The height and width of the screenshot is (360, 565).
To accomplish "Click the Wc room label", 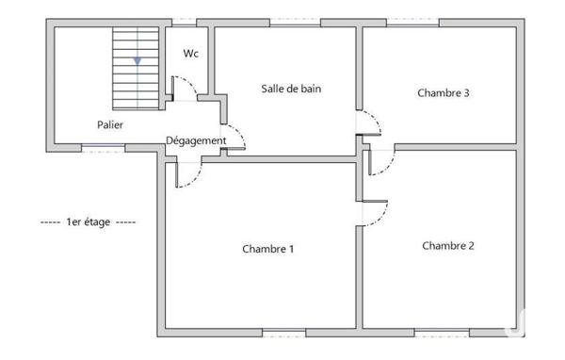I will click(x=190, y=54).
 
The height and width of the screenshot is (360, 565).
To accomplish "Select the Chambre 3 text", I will click(x=443, y=92).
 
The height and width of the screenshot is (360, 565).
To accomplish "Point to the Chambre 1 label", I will click(x=268, y=250).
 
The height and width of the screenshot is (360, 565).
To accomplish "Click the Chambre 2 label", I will click(x=447, y=246).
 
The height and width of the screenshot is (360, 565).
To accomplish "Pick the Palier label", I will click(x=110, y=124).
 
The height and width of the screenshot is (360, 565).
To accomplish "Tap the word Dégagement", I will click(x=196, y=141).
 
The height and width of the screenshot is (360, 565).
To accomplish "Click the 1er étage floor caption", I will click(x=89, y=222).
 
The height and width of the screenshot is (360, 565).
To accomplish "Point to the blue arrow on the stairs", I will click(x=137, y=60).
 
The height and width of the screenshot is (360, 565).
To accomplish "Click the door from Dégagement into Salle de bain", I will click(x=234, y=139).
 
